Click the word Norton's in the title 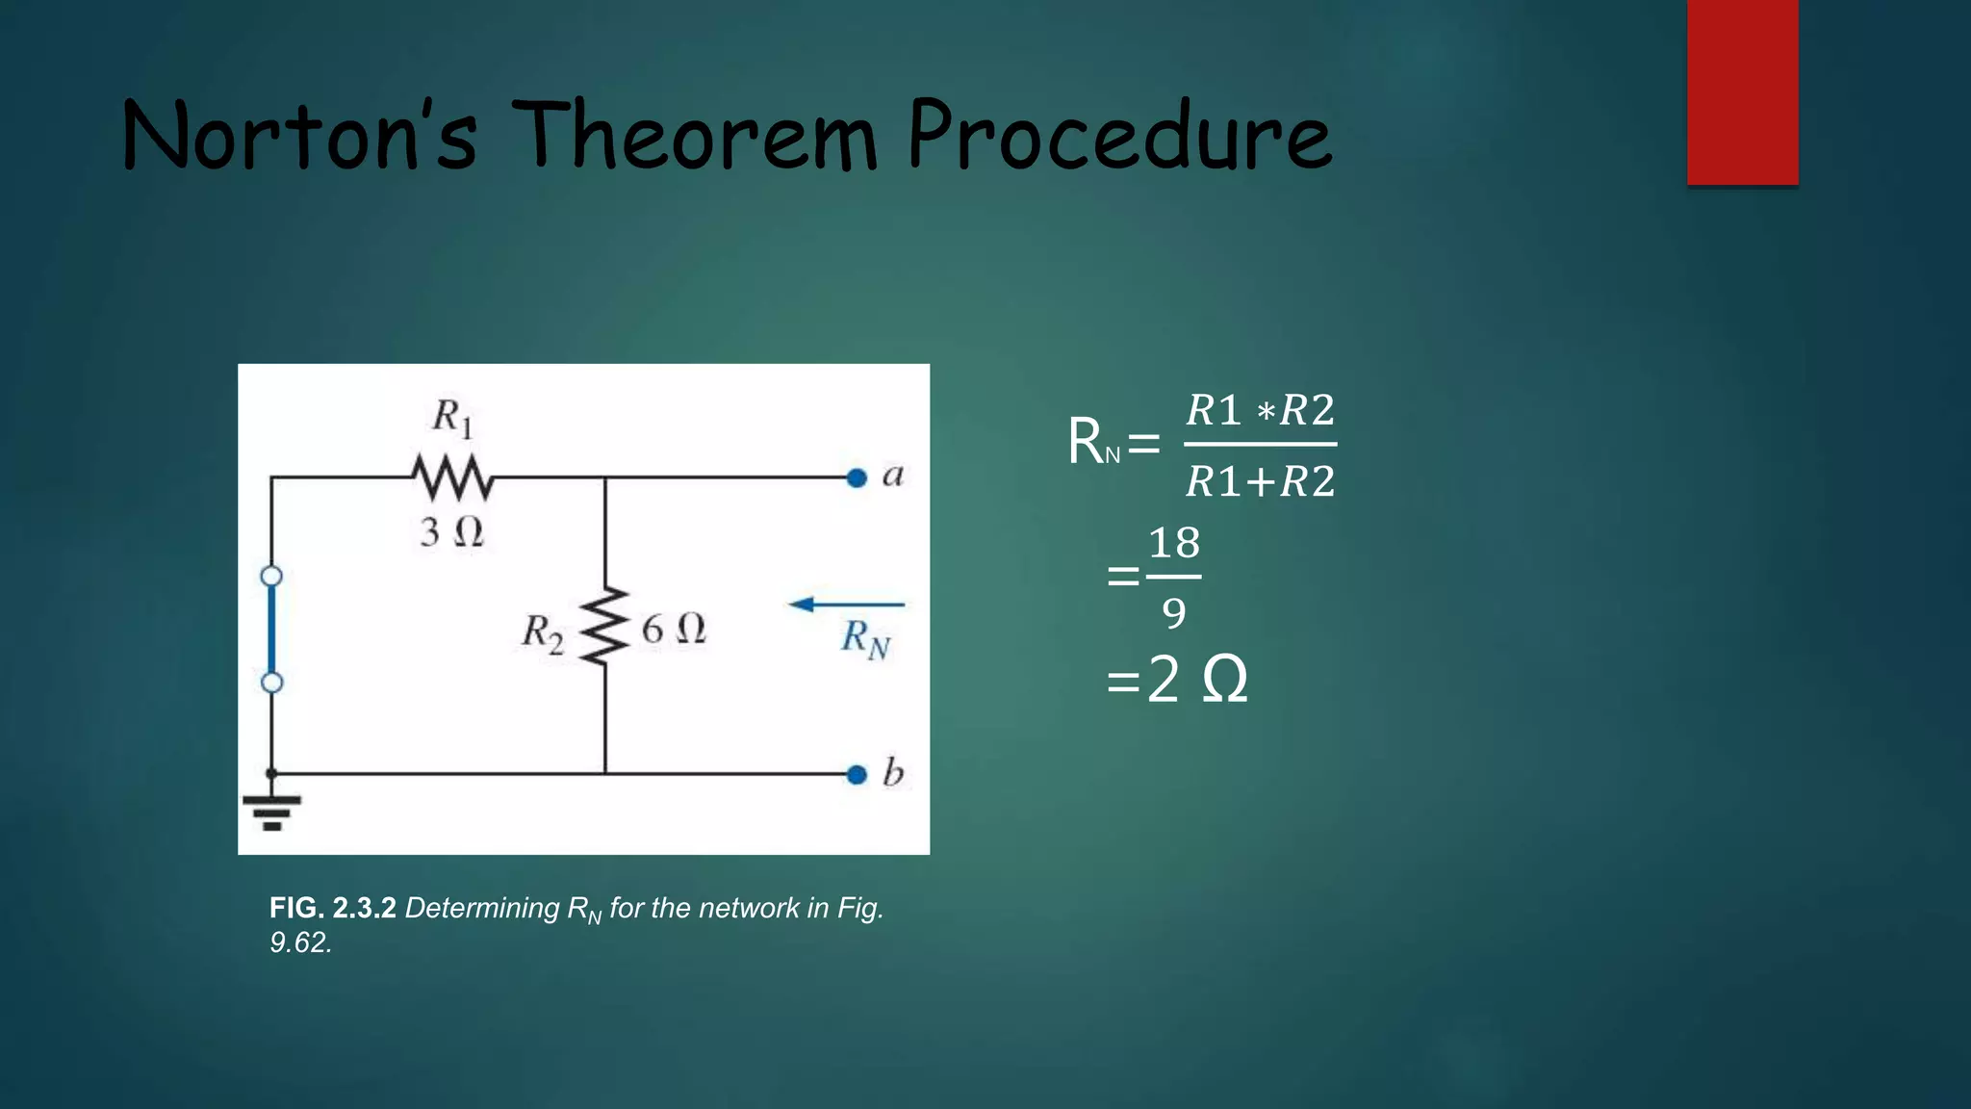pyautogui.click(x=299, y=137)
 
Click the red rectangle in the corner pyautogui.click(x=1742, y=91)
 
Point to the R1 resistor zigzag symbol pyautogui.click(x=452, y=477)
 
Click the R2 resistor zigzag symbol pyautogui.click(x=604, y=625)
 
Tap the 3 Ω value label pyautogui.click(x=451, y=532)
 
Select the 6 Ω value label pyautogui.click(x=674, y=630)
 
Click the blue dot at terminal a pyautogui.click(x=857, y=477)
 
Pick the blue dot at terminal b pyautogui.click(x=857, y=774)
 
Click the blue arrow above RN pyautogui.click(x=845, y=605)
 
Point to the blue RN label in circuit pyautogui.click(x=865, y=638)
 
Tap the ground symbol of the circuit pyautogui.click(x=271, y=811)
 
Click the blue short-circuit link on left pyautogui.click(x=271, y=630)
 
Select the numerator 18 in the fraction pyautogui.click(x=1174, y=543)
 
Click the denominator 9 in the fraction pyautogui.click(x=1174, y=613)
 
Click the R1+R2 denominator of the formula pyautogui.click(x=1260, y=481)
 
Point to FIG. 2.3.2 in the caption pyautogui.click(x=332, y=908)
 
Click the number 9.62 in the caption pyautogui.click(x=300, y=942)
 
